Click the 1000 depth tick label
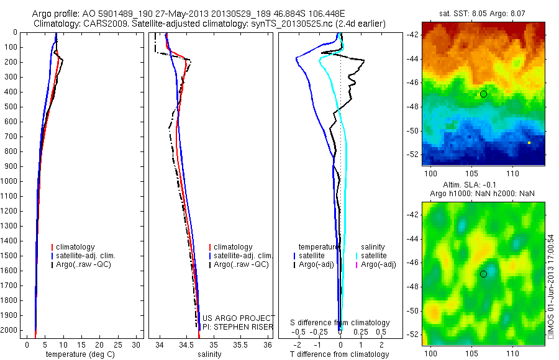tap(10, 181)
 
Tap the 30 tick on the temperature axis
tap(138, 344)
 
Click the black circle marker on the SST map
tap(483, 94)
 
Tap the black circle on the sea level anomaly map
tap(483, 274)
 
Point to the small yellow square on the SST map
tap(529, 143)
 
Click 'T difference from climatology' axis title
tap(340, 354)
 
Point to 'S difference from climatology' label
tap(340, 323)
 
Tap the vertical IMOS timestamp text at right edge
tap(550, 286)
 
